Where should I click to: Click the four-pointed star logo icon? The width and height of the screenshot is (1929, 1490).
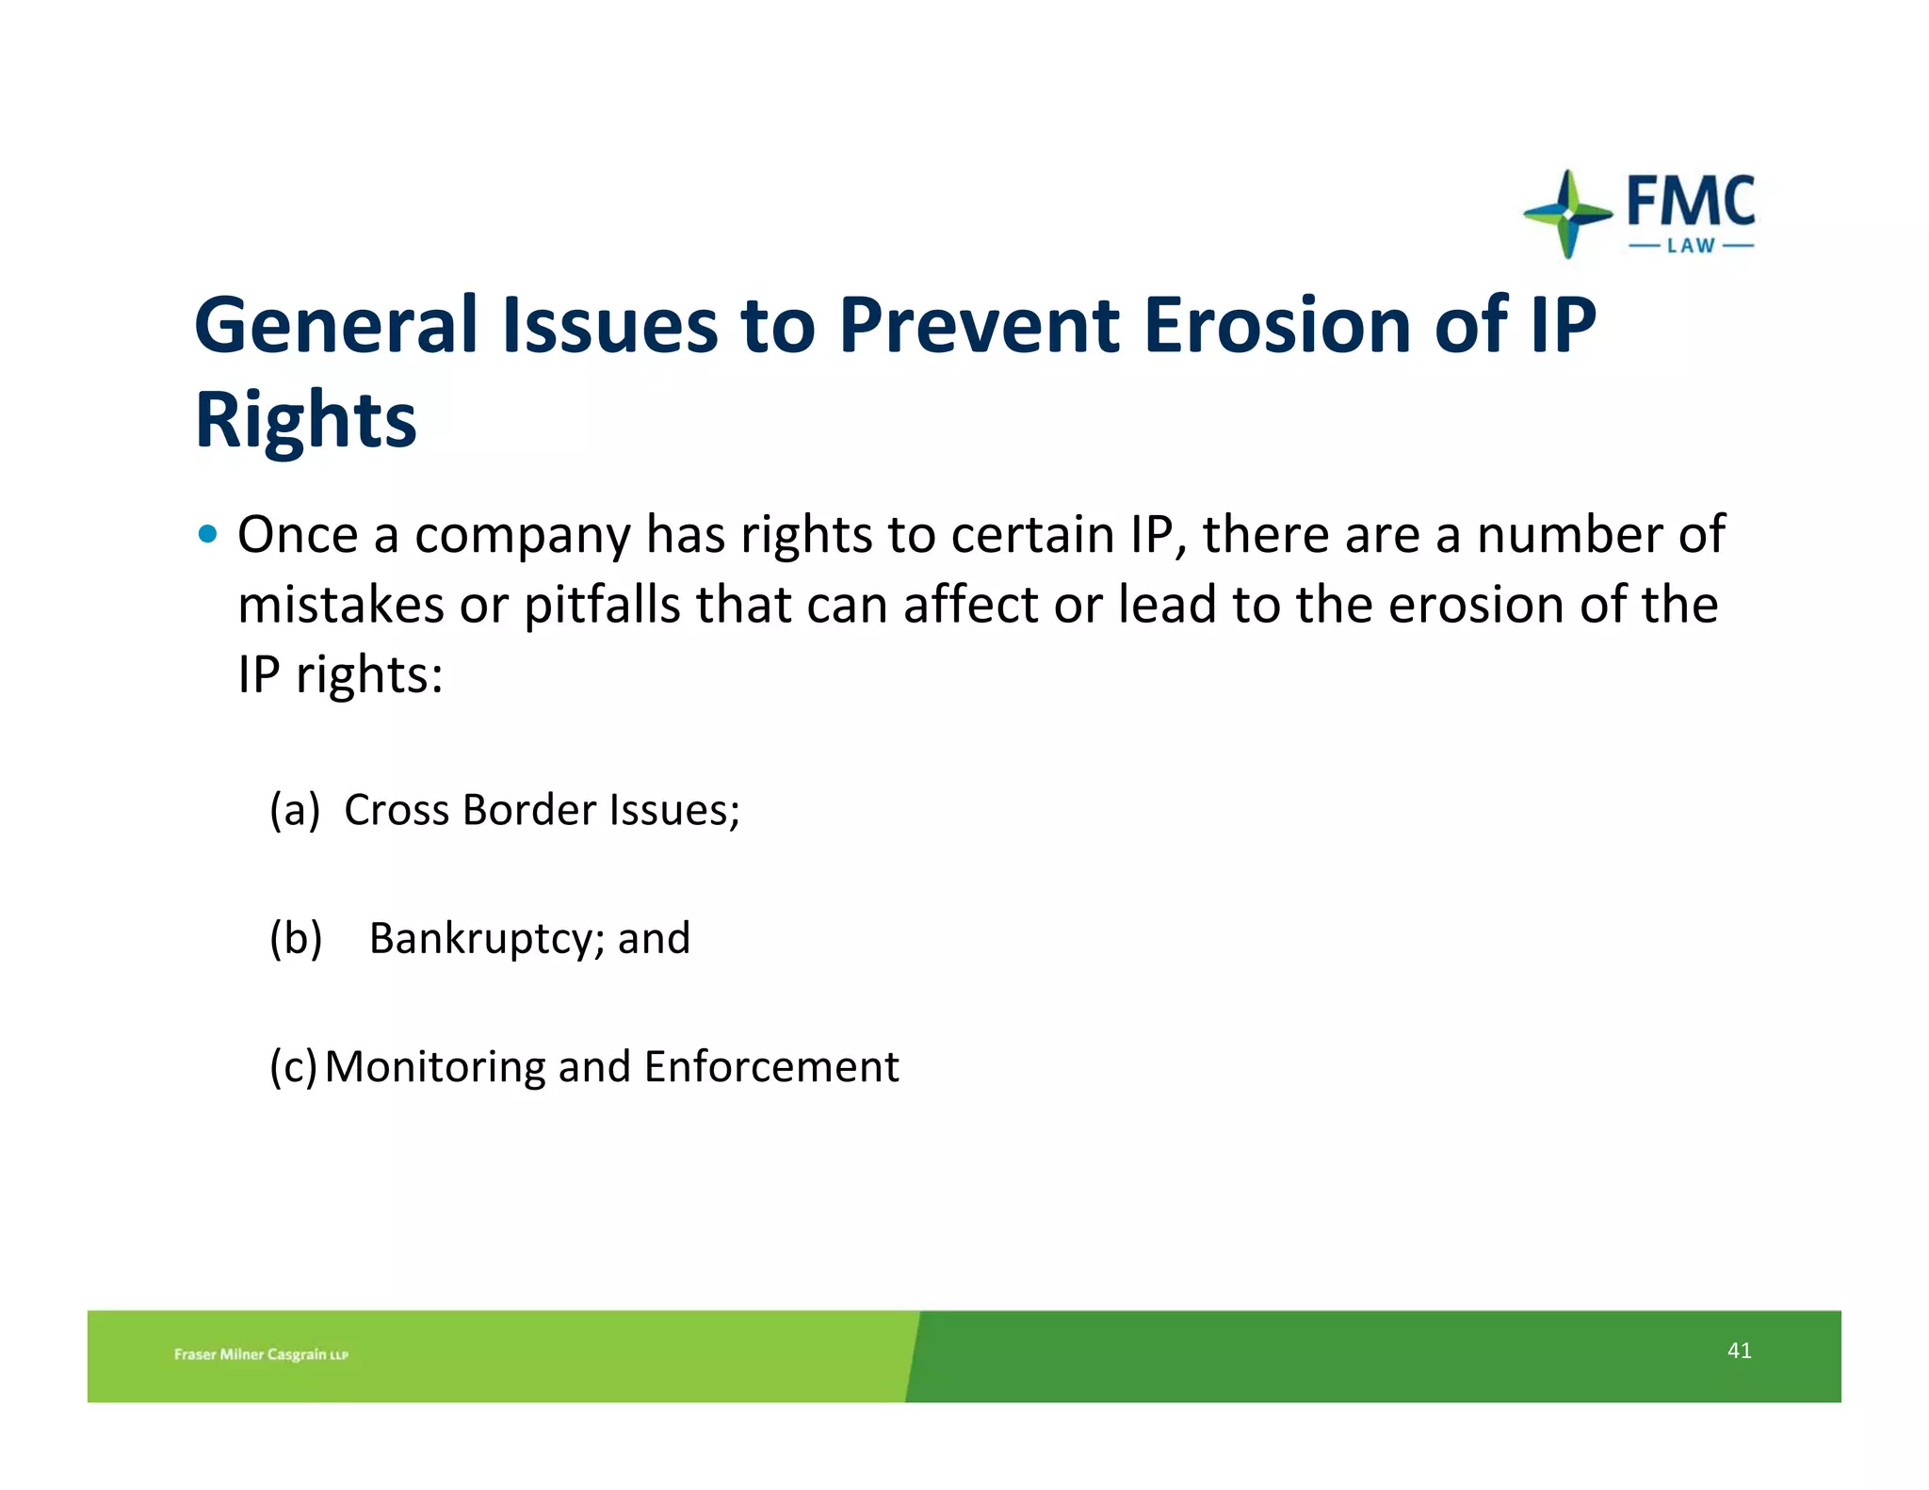click(x=1567, y=214)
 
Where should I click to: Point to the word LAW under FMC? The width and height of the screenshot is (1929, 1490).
click(x=1691, y=247)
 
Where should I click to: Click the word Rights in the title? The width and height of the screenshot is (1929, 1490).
click(x=305, y=421)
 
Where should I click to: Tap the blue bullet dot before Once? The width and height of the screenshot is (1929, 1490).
click(x=208, y=535)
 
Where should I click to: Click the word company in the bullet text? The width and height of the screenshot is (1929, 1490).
click(x=523, y=537)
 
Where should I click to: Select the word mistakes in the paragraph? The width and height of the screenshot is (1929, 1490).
click(x=340, y=605)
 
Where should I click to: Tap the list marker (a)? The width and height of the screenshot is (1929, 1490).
click(x=295, y=810)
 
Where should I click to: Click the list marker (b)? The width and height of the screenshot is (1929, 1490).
click(x=296, y=938)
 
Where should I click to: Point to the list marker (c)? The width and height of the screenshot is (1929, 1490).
click(x=293, y=1067)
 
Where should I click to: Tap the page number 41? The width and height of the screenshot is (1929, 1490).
click(x=1739, y=1351)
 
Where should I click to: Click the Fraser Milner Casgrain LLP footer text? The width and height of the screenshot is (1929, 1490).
click(x=261, y=1354)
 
